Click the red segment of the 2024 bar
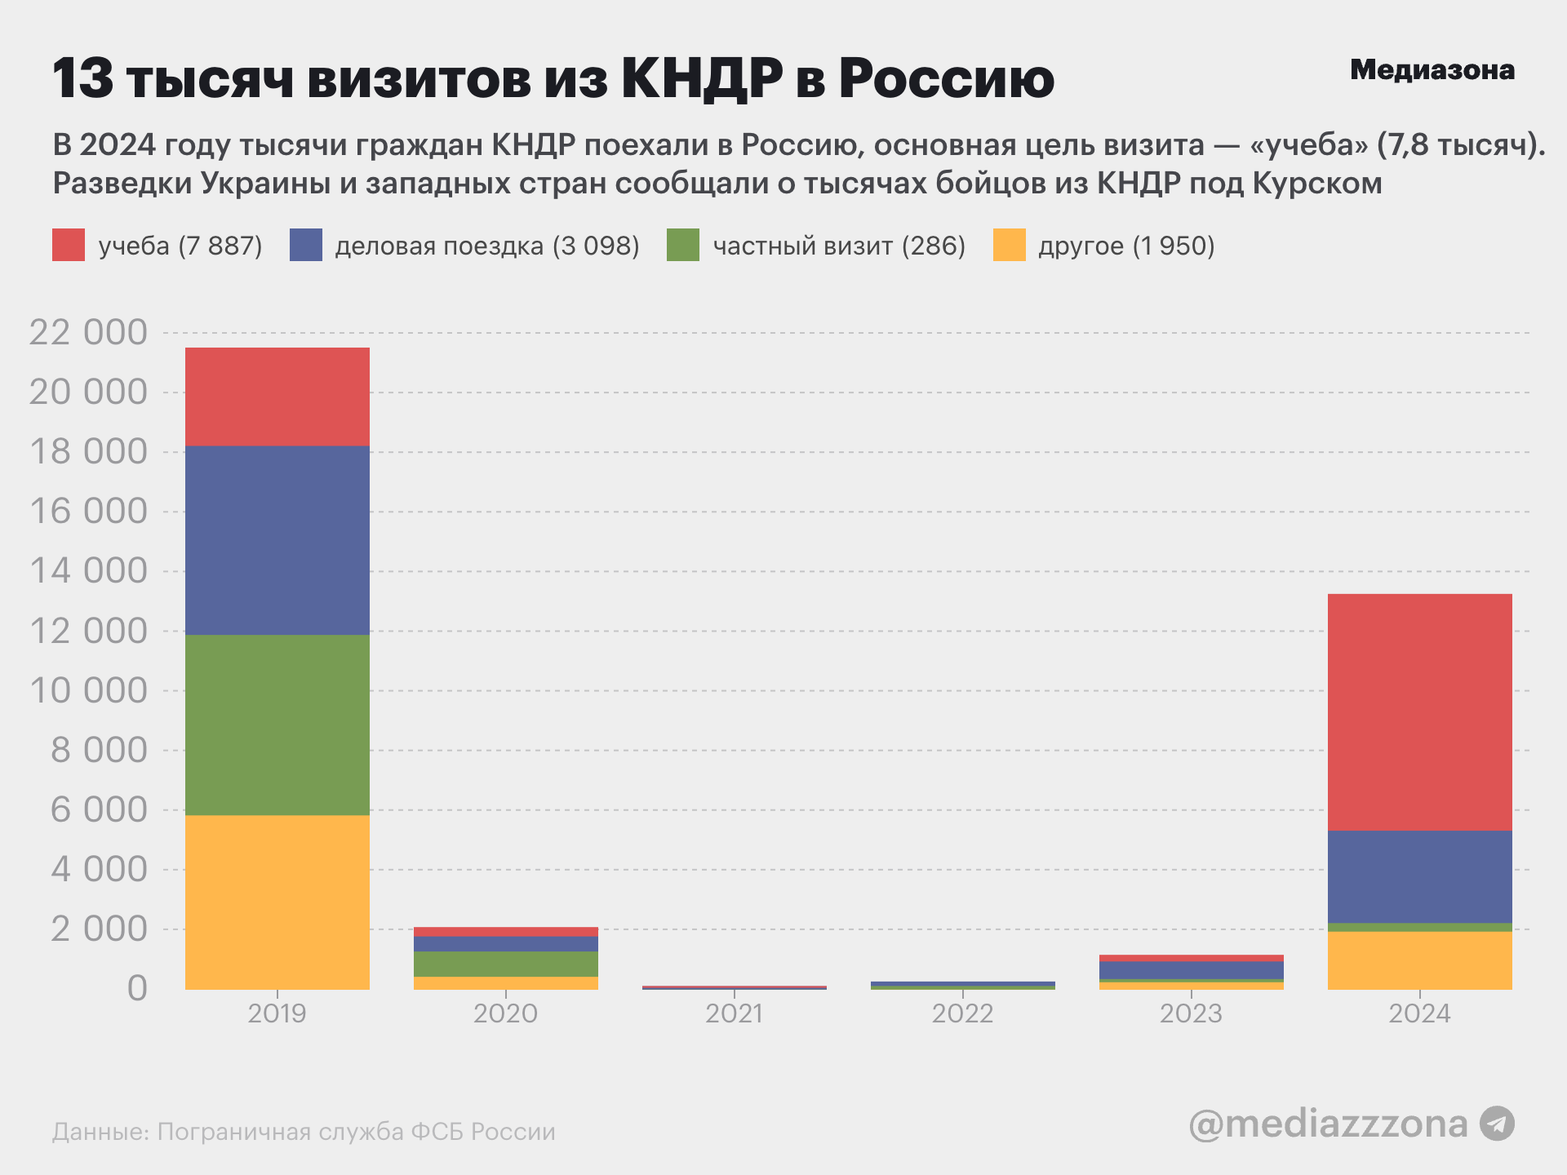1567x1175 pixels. [1419, 712]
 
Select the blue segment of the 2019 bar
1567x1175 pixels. [277, 540]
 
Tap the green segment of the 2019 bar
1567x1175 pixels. [277, 725]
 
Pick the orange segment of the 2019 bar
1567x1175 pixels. [277, 902]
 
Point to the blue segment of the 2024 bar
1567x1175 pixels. [1419, 876]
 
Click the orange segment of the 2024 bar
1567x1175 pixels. [1419, 960]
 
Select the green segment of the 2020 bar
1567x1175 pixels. [505, 964]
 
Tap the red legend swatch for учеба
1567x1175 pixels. [69, 245]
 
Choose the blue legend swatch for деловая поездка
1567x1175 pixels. [305, 245]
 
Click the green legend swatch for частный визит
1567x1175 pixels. [682, 245]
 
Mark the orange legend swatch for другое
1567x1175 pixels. [1009, 245]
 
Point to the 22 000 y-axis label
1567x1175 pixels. [88, 333]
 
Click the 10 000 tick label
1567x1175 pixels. [88, 691]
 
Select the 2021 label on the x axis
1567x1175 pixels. [734, 1013]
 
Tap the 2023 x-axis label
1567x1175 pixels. [1191, 1013]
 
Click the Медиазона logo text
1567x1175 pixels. [1432, 70]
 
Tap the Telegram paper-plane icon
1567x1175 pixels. [1497, 1124]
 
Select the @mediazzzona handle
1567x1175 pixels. [1328, 1124]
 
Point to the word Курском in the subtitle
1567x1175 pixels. [1316, 184]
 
